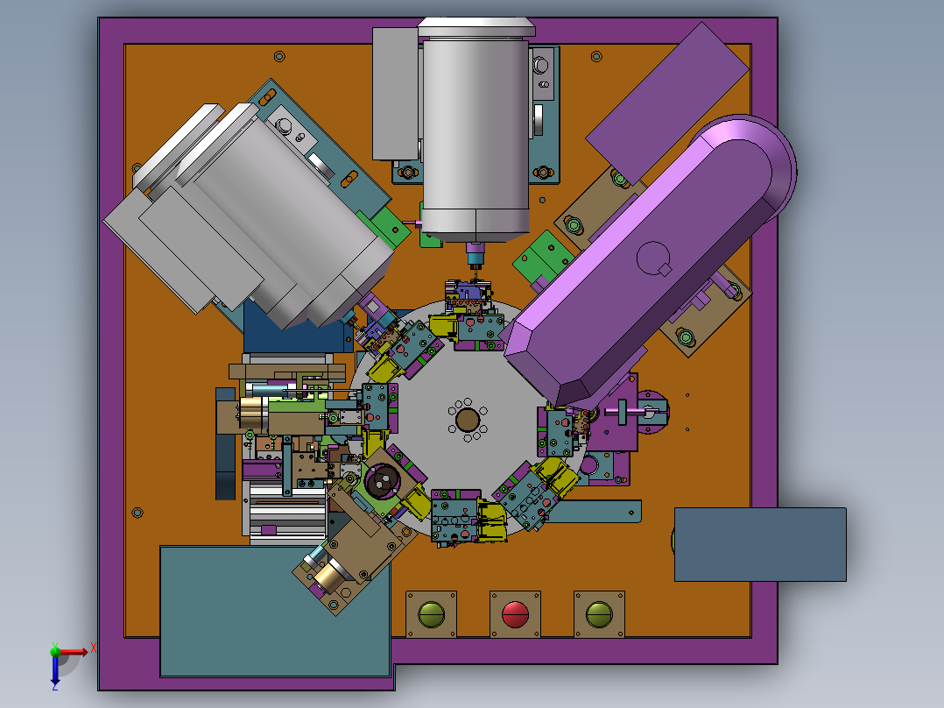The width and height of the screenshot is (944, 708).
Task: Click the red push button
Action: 515,614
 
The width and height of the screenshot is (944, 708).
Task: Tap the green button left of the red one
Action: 431,614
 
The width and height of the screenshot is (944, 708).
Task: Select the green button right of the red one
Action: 599,614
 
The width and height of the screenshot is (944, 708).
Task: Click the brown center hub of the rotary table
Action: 468,420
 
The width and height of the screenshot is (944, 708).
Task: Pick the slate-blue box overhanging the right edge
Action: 760,545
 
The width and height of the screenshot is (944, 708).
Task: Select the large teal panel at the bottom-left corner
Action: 275,611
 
